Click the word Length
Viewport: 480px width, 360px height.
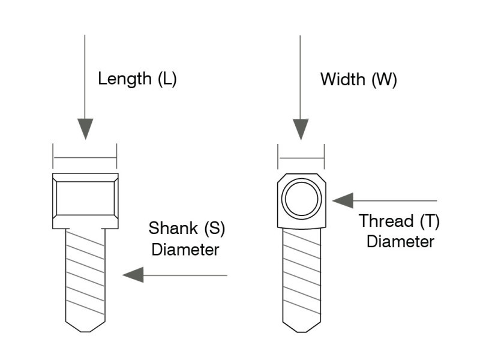click(x=125, y=79)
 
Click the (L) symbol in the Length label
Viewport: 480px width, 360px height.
click(x=167, y=79)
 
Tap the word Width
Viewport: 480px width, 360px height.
click(x=343, y=80)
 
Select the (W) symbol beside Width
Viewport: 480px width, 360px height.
click(x=384, y=80)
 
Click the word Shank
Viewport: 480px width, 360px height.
click(x=173, y=228)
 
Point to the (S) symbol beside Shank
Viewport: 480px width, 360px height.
click(x=215, y=229)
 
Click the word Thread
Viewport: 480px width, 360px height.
click(x=386, y=221)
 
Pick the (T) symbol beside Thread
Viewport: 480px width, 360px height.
click(x=430, y=221)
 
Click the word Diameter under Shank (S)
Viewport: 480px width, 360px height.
click(x=185, y=250)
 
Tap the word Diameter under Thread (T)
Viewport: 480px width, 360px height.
click(x=400, y=242)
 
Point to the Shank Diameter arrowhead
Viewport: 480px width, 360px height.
click(x=133, y=275)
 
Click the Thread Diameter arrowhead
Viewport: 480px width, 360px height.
click(x=343, y=201)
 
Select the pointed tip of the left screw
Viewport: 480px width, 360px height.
click(x=85, y=332)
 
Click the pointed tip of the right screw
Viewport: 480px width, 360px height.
click(x=302, y=332)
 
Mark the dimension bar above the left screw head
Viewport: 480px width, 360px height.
click(x=85, y=158)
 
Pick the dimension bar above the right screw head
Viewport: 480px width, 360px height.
click(x=301, y=158)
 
